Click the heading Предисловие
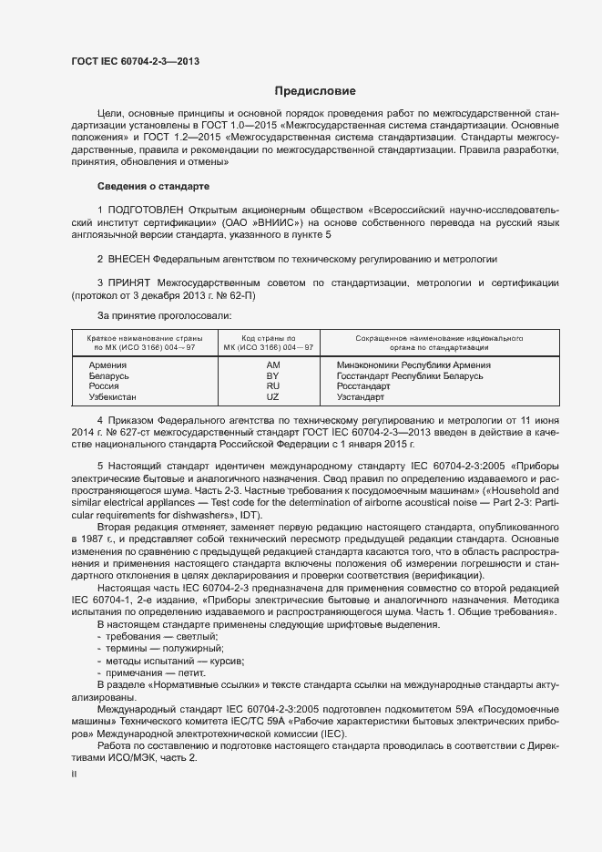click(316, 91)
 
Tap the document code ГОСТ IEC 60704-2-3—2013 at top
click(135, 62)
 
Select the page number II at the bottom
click(75, 773)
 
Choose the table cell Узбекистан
click(112, 398)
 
